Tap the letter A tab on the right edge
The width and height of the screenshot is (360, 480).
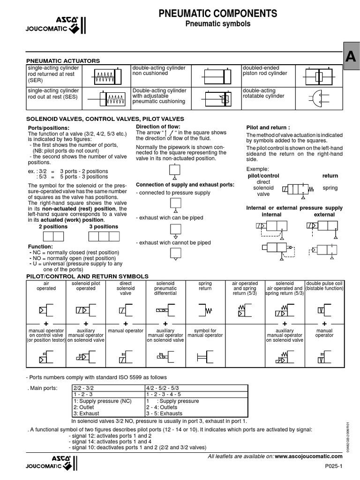click(x=351, y=57)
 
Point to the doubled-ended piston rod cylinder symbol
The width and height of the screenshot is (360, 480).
click(x=318, y=75)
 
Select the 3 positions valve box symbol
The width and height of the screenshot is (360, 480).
click(x=104, y=237)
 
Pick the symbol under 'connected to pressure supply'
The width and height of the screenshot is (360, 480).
click(x=174, y=203)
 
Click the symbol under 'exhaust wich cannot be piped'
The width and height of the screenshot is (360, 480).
click(x=174, y=254)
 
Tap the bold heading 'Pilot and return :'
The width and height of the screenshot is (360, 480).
click(x=268, y=127)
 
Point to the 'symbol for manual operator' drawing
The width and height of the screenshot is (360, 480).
click(x=204, y=358)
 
